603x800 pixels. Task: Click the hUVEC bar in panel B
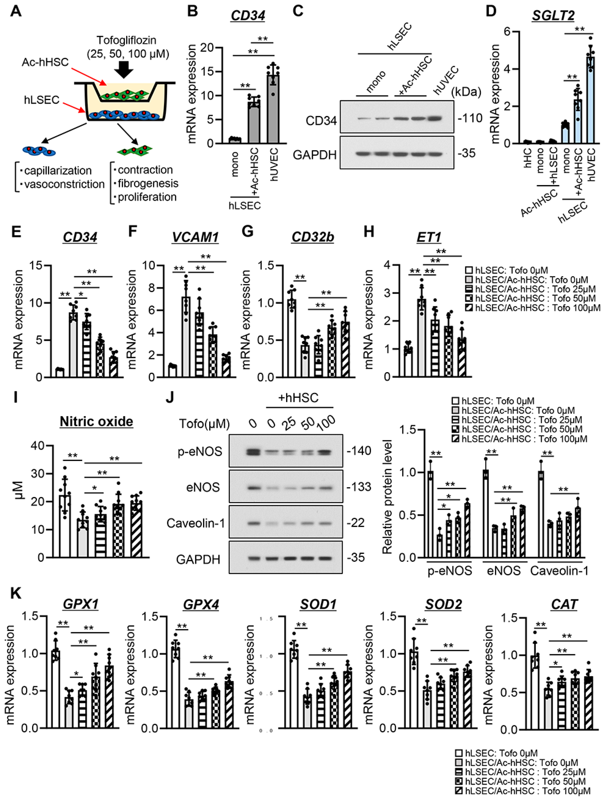[273, 108]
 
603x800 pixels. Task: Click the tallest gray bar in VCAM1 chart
[186, 336]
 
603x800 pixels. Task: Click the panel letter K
[16, 594]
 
